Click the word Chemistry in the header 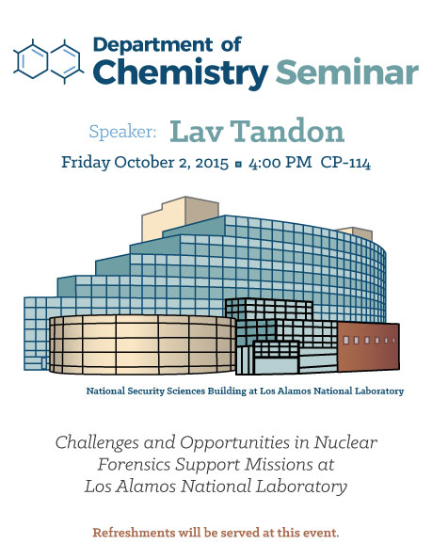point(181,72)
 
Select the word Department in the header point(153,45)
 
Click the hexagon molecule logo point(49,61)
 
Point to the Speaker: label point(123,132)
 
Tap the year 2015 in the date point(212,163)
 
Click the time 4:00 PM point(280,163)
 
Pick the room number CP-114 point(345,163)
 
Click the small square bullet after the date point(238,165)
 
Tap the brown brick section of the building point(368,346)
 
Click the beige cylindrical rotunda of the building point(142,344)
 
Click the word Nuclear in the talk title point(345,443)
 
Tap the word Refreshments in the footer point(134,533)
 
